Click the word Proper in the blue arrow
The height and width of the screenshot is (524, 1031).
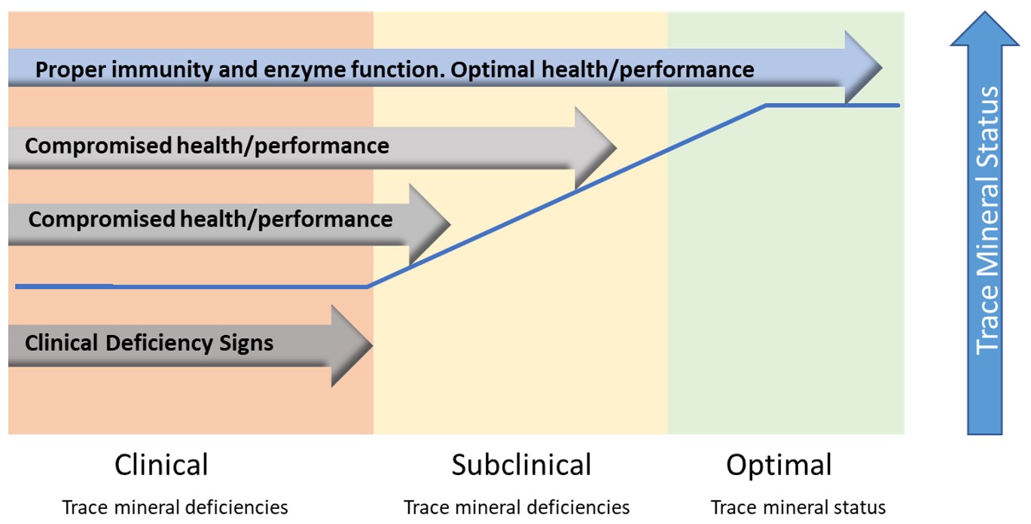(x=69, y=70)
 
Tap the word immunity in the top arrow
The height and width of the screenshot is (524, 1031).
(x=161, y=69)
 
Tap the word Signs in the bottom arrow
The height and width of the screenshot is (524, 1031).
(x=246, y=344)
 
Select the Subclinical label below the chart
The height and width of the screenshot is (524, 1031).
(x=521, y=465)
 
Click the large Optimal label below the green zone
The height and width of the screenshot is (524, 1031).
(x=779, y=465)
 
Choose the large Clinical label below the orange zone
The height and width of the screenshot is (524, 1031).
(x=161, y=465)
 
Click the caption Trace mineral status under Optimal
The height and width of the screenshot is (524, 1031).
(x=798, y=507)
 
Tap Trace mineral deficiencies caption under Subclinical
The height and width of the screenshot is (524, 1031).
(x=517, y=507)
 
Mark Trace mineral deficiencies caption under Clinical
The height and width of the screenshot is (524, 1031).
(x=175, y=507)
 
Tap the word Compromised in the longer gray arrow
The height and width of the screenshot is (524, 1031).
(x=99, y=146)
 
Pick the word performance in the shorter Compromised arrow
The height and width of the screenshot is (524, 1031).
(x=325, y=220)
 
